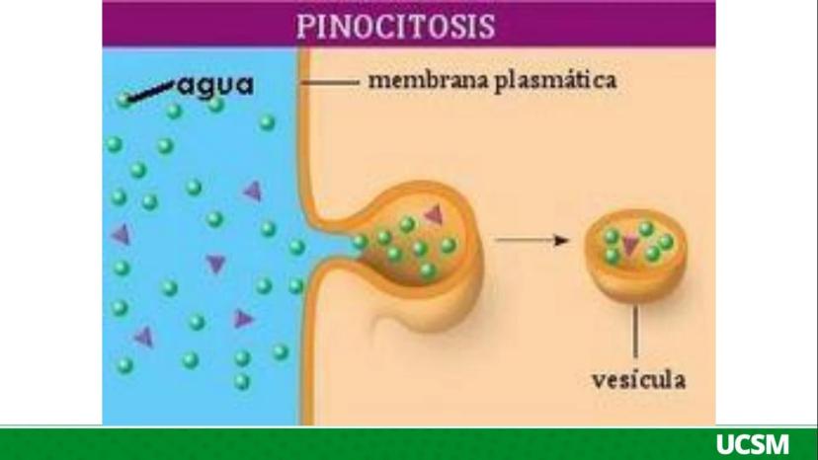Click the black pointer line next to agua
tap(149, 93)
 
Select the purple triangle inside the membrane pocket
tap(433, 214)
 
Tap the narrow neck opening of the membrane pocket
tap(336, 241)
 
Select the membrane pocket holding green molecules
tap(415, 242)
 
